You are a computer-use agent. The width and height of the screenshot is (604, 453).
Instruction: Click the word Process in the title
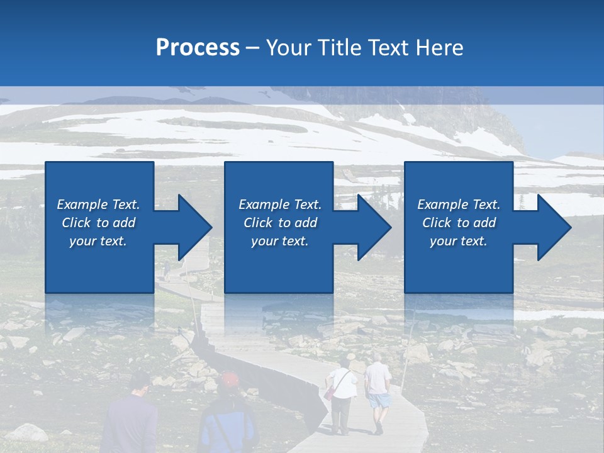point(198,47)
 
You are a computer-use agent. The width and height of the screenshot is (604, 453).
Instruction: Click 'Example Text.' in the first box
point(98,204)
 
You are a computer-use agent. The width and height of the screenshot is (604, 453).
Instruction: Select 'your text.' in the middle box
point(279,241)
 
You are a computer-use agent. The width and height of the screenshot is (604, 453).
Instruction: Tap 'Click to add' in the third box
point(459,223)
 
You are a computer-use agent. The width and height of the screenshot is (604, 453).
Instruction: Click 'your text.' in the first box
point(98,241)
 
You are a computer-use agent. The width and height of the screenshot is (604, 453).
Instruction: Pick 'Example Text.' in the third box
point(459,204)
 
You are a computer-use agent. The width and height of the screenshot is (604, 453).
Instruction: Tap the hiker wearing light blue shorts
point(378,390)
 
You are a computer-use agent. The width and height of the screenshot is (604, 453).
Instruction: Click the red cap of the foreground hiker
point(230,379)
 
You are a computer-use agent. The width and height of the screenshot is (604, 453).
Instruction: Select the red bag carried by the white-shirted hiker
point(330,393)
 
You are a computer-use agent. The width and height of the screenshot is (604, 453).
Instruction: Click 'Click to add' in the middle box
point(279,223)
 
